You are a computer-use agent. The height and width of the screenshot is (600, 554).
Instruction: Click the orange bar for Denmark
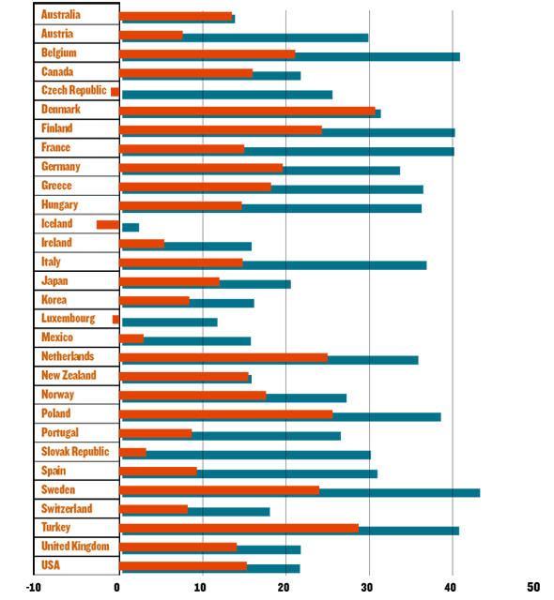tap(247, 111)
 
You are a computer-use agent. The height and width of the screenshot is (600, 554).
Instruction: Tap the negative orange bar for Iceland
tap(108, 225)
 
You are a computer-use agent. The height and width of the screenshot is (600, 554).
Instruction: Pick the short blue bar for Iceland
tap(131, 227)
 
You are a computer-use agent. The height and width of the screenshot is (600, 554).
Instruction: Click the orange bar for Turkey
tap(239, 528)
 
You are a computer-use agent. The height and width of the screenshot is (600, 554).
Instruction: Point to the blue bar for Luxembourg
tap(170, 322)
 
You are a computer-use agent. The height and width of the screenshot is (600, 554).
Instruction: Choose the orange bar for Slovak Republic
tap(132, 452)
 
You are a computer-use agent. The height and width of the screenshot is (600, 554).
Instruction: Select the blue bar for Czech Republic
tap(227, 95)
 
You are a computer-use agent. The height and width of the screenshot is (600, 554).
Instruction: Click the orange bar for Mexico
tap(131, 338)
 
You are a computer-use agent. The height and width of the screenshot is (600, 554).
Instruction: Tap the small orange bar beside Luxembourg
tap(115, 320)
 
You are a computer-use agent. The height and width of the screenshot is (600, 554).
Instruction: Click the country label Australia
tap(60, 15)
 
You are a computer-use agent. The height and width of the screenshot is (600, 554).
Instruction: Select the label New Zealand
tap(69, 375)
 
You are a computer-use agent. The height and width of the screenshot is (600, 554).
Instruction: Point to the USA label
tap(51, 565)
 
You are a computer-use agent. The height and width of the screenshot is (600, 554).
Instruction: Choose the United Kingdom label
tap(75, 546)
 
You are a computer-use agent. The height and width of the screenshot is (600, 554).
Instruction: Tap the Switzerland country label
tap(67, 508)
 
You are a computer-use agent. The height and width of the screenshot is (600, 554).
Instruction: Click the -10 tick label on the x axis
tap(33, 588)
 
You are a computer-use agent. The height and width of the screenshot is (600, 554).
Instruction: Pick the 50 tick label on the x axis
tap(533, 587)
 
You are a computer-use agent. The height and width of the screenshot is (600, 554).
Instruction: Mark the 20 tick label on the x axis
tap(284, 588)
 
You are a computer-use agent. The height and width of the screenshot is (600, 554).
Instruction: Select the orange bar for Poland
tap(226, 414)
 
